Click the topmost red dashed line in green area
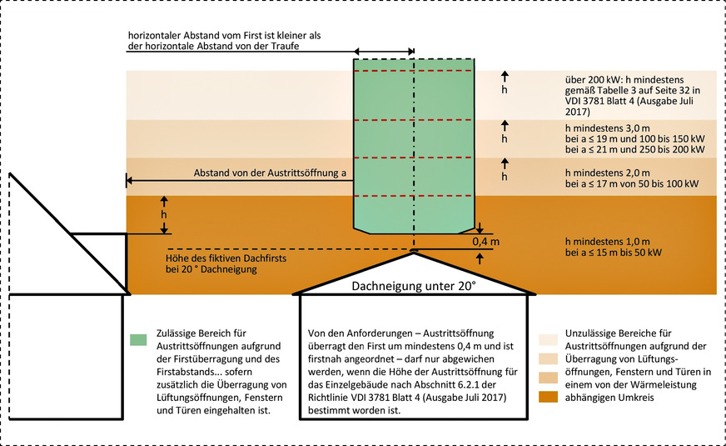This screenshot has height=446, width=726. tap(414, 73)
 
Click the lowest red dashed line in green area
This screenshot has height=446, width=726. tap(414, 196)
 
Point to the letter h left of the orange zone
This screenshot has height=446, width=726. tap(164, 214)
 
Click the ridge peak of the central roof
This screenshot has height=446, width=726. tap(414, 250)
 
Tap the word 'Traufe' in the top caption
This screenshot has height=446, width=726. tap(282, 46)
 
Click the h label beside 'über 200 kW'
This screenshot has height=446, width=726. tap(502, 88)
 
